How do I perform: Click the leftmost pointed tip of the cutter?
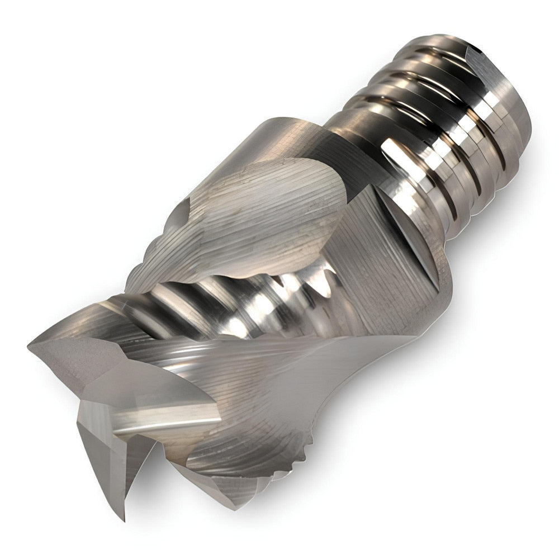(x=29, y=342)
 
